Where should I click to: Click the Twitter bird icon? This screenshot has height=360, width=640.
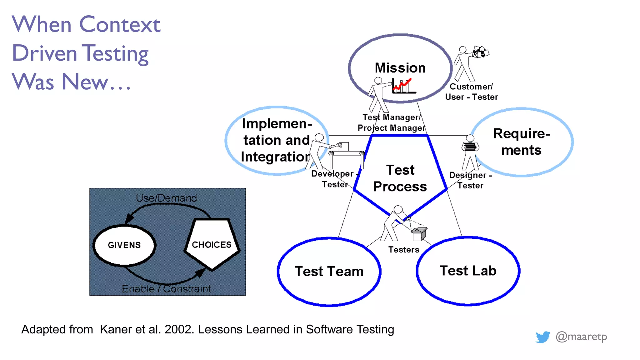(542, 337)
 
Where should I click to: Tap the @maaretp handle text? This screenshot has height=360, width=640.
(581, 337)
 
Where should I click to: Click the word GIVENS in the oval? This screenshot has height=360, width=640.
(124, 245)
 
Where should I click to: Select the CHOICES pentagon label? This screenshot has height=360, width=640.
(212, 245)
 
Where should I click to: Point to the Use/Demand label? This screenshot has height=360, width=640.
(166, 198)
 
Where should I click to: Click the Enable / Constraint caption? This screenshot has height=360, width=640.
(166, 289)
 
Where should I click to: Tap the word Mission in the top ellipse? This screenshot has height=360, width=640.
(400, 68)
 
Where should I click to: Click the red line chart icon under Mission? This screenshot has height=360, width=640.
(403, 86)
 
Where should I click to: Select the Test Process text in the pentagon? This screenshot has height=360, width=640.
(400, 178)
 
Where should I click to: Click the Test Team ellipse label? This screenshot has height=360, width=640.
(329, 271)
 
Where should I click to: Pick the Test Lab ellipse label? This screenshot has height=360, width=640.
(468, 271)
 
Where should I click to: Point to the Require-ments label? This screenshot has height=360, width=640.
(522, 142)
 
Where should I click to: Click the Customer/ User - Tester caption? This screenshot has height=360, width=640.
(471, 92)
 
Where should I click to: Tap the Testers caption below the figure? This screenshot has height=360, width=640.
(404, 250)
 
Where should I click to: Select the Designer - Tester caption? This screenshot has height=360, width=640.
(470, 180)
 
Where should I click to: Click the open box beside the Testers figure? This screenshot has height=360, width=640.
(419, 234)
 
